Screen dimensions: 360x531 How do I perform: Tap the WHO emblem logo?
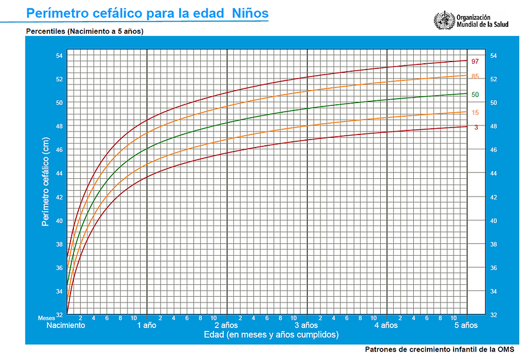[x=443, y=21]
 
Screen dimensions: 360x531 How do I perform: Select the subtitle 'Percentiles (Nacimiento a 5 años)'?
[x=84, y=31]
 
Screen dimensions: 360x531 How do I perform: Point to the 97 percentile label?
[x=475, y=61]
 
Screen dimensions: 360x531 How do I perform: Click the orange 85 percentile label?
[x=475, y=76]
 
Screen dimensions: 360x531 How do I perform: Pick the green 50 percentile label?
[x=475, y=95]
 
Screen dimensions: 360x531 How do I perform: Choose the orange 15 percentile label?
[x=475, y=113]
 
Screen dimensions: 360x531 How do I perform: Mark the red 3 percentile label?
[x=476, y=127]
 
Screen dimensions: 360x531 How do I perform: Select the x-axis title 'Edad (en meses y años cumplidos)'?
[x=271, y=335]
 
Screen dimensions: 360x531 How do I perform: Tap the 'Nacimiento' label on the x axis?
[x=66, y=325]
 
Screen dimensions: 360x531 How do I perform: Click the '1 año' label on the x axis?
[x=147, y=325]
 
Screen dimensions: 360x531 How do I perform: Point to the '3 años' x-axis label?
[x=307, y=325]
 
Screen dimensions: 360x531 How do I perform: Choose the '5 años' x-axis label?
[x=466, y=325]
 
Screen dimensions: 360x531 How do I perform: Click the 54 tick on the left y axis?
[x=59, y=55]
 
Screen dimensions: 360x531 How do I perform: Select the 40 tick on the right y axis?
[x=493, y=221]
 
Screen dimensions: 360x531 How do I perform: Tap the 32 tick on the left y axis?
[x=59, y=315]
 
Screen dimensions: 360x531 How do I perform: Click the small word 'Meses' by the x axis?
[x=46, y=318]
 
